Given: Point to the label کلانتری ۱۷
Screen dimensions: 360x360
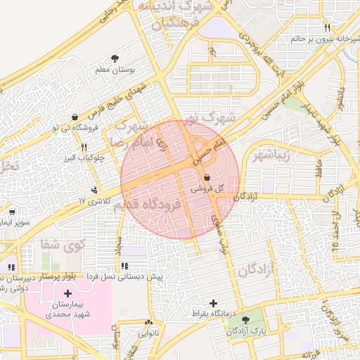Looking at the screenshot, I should [91, 201].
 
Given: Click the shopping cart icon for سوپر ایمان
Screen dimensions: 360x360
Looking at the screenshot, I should [12, 211].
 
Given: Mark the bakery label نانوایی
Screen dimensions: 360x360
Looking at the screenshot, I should [148, 333].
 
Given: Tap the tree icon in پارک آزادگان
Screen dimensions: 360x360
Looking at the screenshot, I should [245, 321].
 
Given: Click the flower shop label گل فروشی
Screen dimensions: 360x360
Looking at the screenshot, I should [208, 189].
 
